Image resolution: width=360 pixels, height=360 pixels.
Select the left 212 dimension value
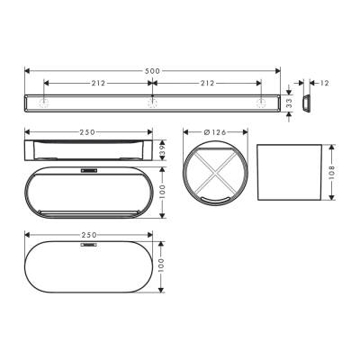[97, 83]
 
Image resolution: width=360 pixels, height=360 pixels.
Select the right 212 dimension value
[208, 83]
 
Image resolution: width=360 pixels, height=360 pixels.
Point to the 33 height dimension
[291, 103]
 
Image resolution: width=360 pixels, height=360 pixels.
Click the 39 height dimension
[162, 148]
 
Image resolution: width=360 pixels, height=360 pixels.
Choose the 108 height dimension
[332, 171]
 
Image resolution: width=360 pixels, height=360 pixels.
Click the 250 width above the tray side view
[87, 132]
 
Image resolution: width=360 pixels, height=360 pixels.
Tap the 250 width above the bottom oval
[87, 235]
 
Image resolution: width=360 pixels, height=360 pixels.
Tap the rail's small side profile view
[306, 103]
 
